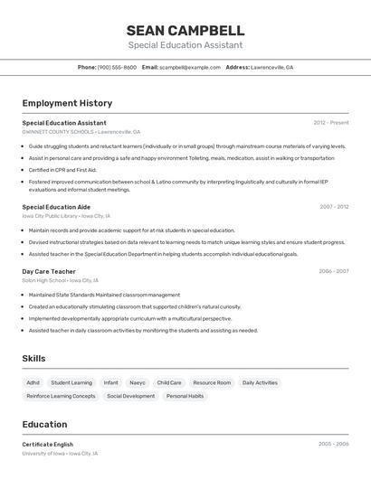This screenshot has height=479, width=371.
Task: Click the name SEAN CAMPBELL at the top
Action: pos(185,30)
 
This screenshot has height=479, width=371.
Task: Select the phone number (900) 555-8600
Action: pos(117,67)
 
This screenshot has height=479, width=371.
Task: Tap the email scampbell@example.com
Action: pos(190,67)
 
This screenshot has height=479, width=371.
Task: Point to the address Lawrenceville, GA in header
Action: pos(271,67)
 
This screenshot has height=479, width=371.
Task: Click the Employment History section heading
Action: pos(67,103)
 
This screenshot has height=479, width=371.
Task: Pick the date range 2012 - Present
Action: pos(331,123)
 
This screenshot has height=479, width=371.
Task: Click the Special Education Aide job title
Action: pos(56,207)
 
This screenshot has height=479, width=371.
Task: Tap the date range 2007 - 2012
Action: pos(334,207)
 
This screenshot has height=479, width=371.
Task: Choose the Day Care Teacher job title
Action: pos(49,271)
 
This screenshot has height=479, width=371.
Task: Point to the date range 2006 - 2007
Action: pos(334,271)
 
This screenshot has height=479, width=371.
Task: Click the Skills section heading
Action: pos(33,359)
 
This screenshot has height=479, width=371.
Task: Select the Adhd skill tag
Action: pos(33,382)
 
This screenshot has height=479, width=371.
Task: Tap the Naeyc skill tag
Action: pos(138,382)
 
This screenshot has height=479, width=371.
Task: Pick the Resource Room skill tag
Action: pos(212,382)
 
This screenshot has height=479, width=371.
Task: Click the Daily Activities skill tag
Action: pos(260,382)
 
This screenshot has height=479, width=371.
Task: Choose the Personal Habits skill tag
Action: pos(185,396)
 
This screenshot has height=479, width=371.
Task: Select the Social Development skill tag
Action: pos(130,396)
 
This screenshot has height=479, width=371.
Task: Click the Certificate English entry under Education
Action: pos(48,445)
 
